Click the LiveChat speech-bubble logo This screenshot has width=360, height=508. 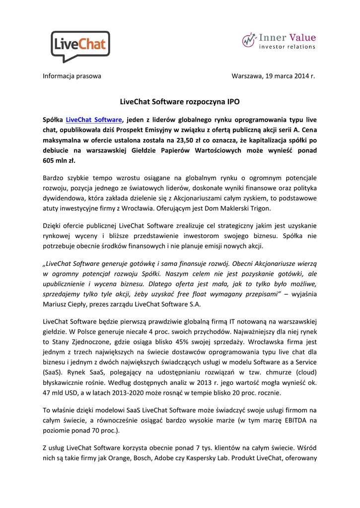pyautogui.click(x=80, y=46)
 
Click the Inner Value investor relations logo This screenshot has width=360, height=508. pyautogui.click(x=279, y=41)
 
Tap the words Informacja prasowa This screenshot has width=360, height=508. pyautogui.click(x=72, y=76)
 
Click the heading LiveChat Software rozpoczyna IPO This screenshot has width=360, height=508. pyautogui.click(x=180, y=102)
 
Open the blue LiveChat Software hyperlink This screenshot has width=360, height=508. pyautogui.click(x=94, y=120)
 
